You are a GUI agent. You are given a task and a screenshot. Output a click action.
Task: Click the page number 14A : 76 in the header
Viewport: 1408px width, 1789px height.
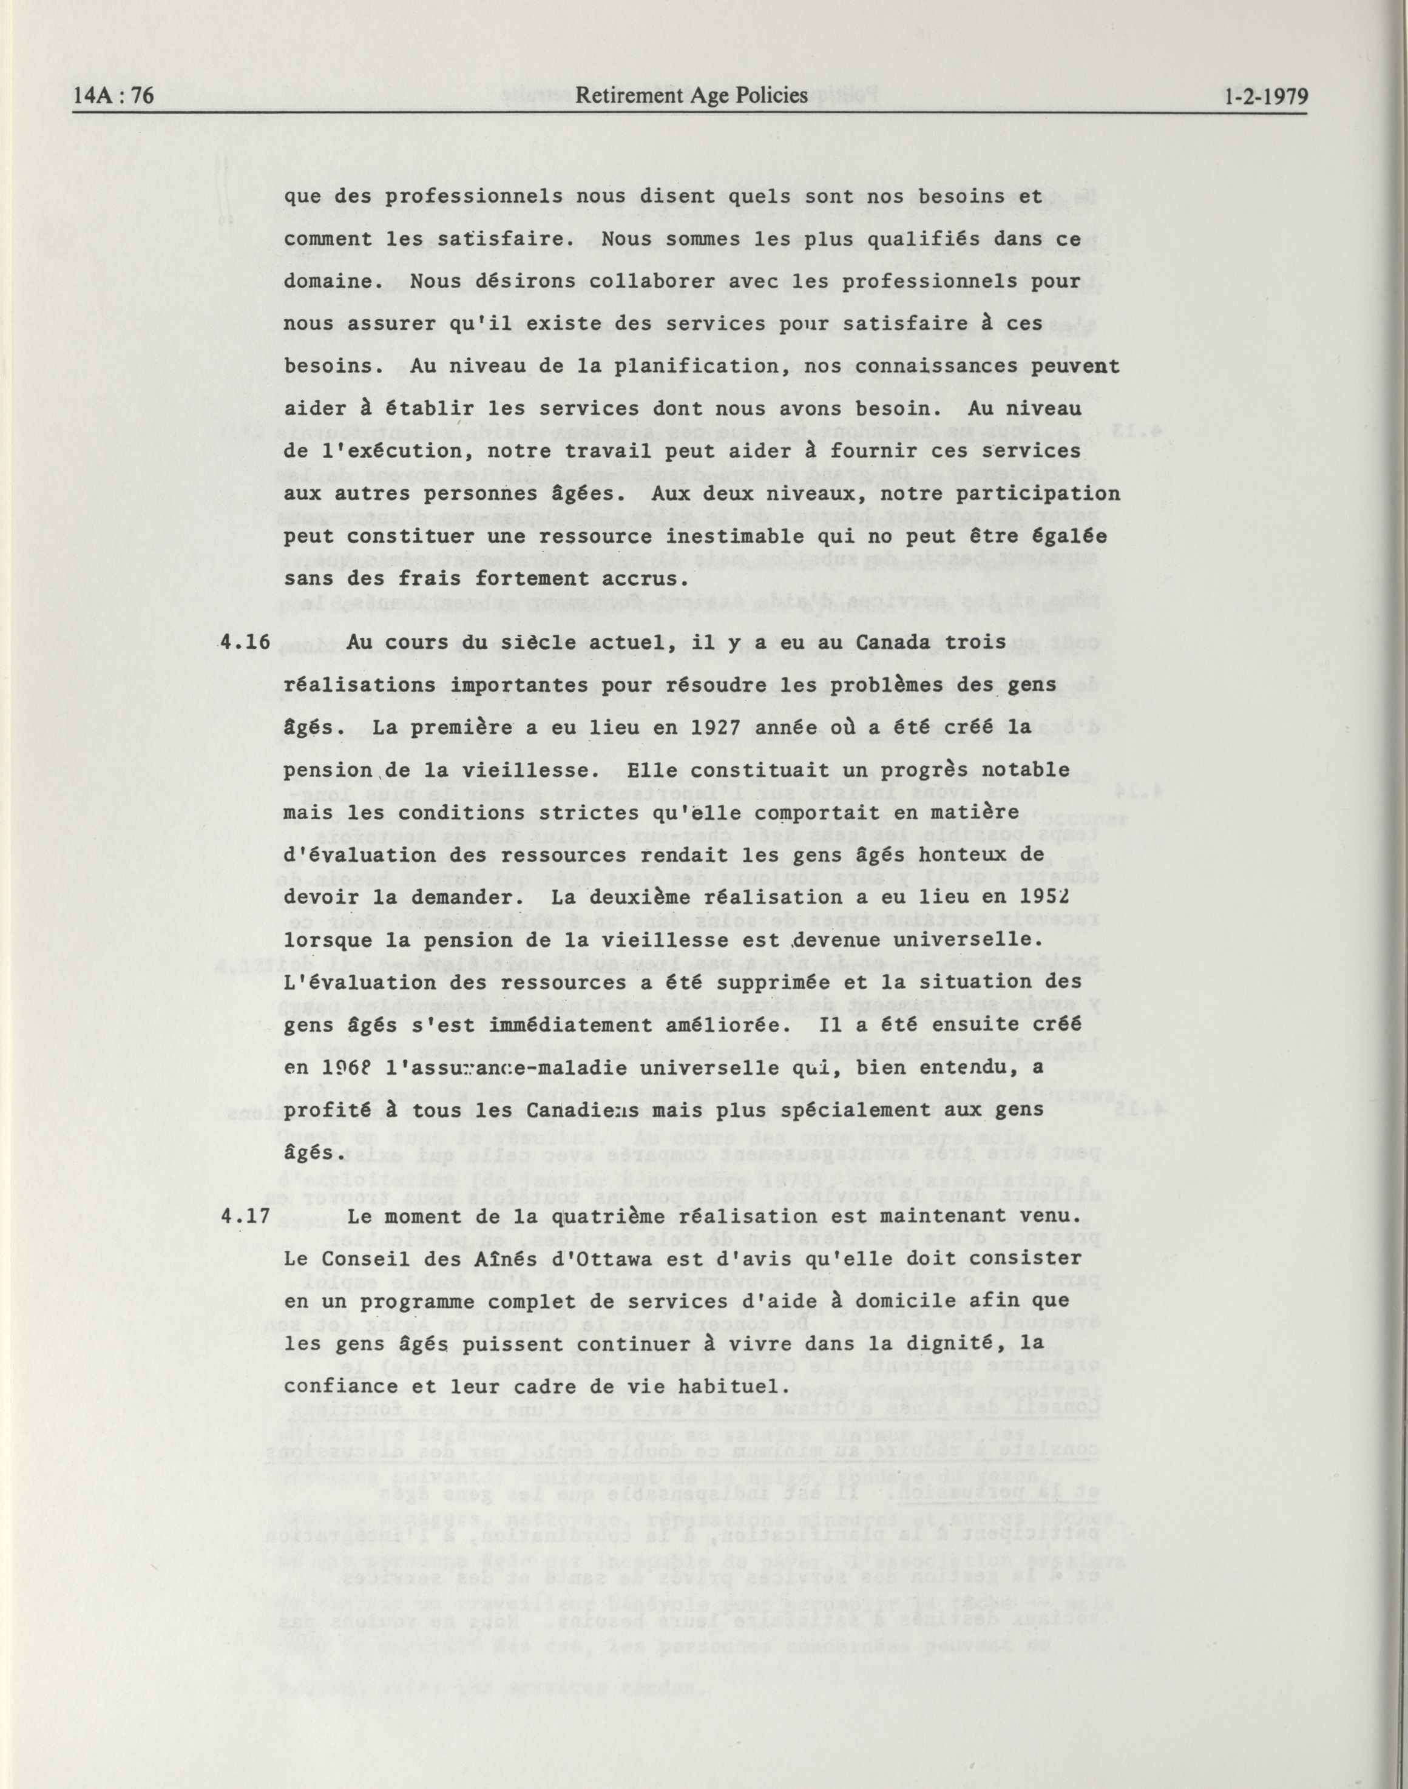tap(113, 96)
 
